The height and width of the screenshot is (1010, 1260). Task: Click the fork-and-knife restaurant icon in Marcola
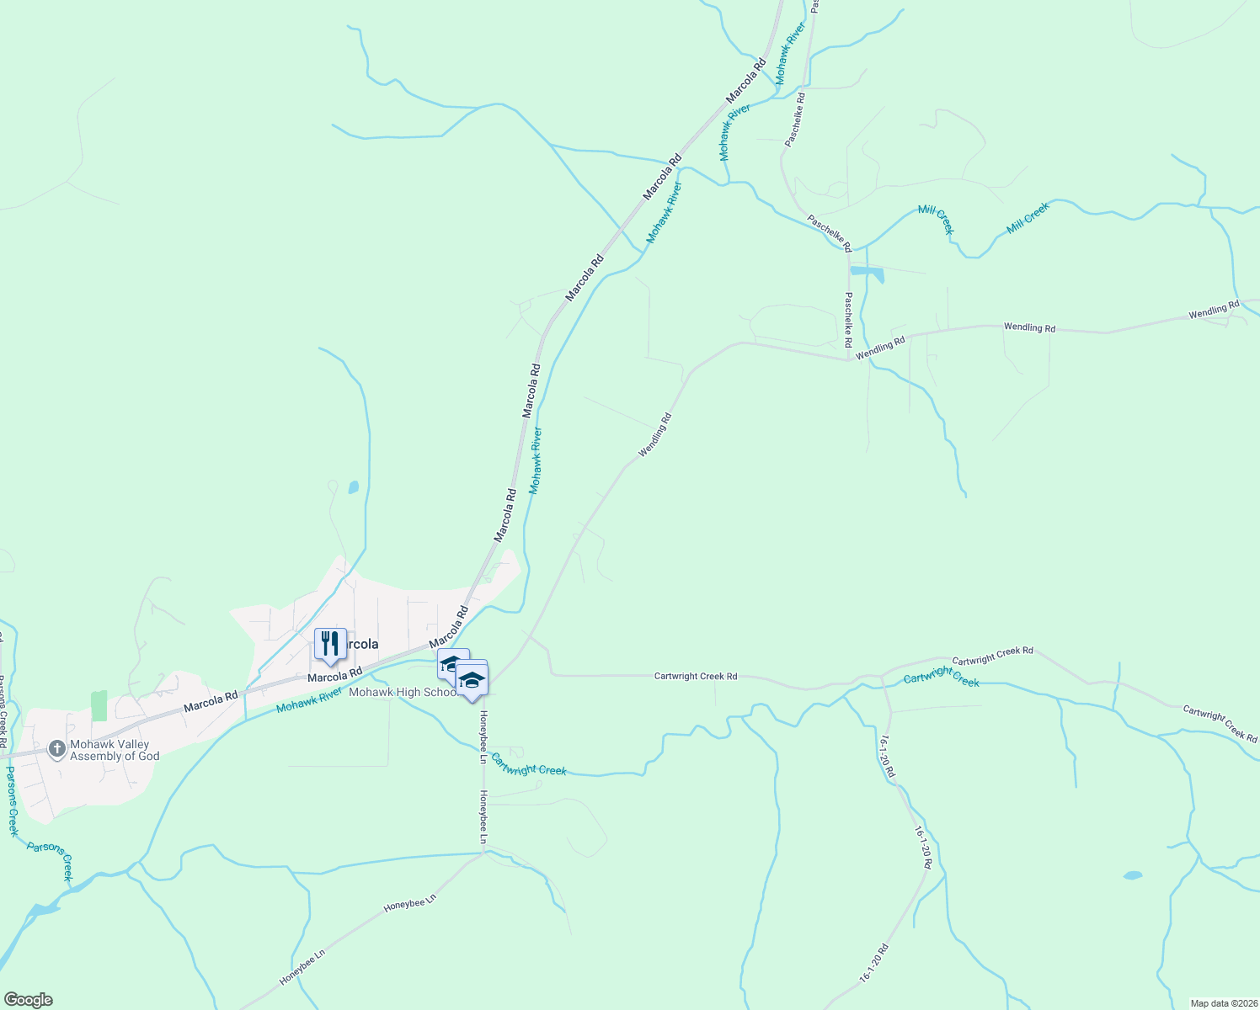(330, 645)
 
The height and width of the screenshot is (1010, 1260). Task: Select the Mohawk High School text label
(403, 693)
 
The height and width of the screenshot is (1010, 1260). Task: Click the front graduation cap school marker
(472, 679)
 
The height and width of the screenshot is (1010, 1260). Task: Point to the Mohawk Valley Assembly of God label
(115, 750)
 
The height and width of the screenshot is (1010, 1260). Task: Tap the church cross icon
(56, 749)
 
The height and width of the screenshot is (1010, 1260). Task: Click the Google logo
(28, 1000)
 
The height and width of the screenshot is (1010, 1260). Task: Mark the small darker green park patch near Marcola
(99, 705)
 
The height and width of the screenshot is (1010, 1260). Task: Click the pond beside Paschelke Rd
(867, 272)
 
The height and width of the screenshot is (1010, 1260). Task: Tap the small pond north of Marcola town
(353, 487)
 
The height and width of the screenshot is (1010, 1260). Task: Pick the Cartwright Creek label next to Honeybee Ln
(529, 764)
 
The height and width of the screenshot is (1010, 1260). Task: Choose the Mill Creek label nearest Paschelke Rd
(935, 220)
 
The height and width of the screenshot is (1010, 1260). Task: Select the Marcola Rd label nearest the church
(211, 701)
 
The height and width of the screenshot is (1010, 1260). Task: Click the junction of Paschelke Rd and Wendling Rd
(848, 360)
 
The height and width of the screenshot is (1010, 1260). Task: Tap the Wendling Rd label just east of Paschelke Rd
(880, 348)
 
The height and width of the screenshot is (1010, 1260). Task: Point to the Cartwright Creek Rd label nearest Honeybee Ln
(696, 676)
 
